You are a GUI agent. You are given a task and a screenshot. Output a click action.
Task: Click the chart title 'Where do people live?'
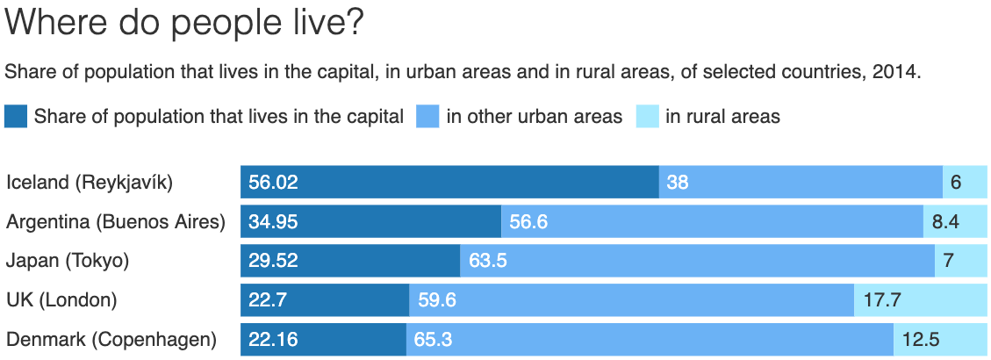point(184,24)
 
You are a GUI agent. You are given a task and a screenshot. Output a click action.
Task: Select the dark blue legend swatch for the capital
point(16,117)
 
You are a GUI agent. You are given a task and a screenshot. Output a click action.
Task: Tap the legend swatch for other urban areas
point(427,117)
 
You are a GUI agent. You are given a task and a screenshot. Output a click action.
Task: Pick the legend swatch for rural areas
point(648,117)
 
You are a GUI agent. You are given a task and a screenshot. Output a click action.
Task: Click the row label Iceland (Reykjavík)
point(90,183)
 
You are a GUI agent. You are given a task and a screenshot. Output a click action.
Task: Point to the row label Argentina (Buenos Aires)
point(116,222)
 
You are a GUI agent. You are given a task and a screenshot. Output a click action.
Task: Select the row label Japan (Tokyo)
point(68,261)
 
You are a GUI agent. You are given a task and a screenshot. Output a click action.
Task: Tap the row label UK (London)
point(61,300)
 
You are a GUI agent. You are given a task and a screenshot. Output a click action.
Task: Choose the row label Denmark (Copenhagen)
point(111,340)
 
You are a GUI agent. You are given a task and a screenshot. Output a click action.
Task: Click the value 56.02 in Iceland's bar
point(273,183)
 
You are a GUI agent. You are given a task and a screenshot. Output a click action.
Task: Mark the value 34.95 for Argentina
point(273,221)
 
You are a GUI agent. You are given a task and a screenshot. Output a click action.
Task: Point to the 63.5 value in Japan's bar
point(488,261)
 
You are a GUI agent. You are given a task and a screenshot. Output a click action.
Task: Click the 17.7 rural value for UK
point(881,300)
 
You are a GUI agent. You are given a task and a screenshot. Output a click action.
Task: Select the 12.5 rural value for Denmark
point(921,340)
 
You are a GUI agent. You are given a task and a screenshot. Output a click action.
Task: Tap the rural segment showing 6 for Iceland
point(966,183)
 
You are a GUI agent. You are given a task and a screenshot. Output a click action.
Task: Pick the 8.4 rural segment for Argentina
point(957,221)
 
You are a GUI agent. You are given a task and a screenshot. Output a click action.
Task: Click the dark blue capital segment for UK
point(325,300)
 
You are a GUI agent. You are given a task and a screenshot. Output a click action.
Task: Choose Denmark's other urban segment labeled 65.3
point(650,340)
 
